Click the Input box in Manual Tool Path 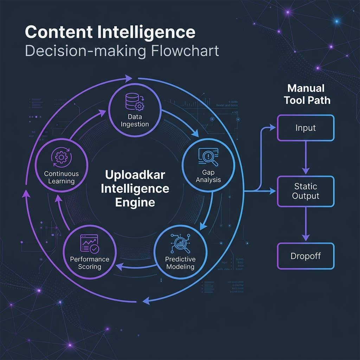(306, 128)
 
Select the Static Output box (306, 191)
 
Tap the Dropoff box (306, 256)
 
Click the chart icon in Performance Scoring (90, 243)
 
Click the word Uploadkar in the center (135, 174)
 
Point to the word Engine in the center (135, 202)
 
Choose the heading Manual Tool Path (307, 94)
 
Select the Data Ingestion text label (135, 121)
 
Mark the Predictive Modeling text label (180, 263)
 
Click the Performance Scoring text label (90, 263)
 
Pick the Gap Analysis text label (208, 176)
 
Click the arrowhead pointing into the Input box (273, 128)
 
